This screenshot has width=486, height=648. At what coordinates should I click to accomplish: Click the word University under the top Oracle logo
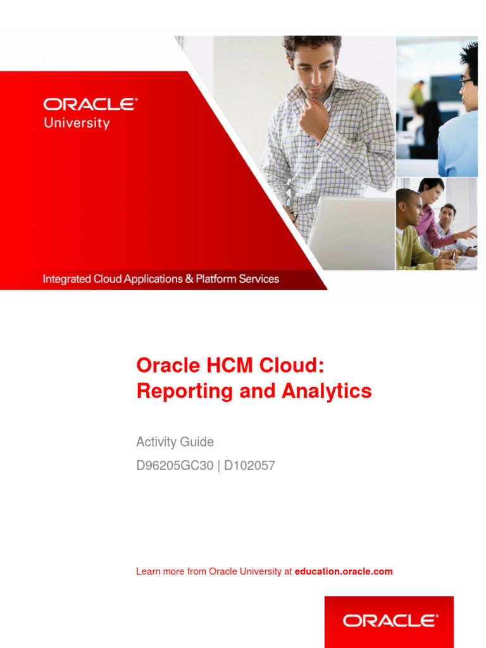click(77, 123)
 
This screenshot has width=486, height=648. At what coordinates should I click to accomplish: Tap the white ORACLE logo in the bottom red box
click(389, 621)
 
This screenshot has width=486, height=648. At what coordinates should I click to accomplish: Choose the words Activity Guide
click(175, 442)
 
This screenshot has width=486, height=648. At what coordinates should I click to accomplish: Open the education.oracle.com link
click(344, 571)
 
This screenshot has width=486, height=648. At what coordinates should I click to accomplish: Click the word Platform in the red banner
click(215, 278)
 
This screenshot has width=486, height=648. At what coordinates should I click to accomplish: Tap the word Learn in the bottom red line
click(147, 571)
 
